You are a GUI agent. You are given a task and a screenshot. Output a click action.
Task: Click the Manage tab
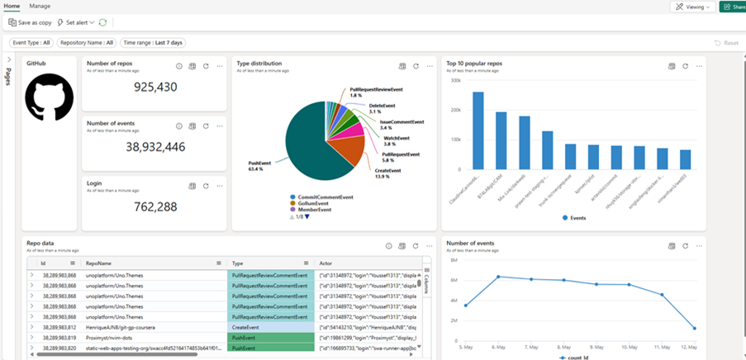pos(40,6)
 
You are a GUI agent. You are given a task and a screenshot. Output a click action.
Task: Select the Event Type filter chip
pos(31,42)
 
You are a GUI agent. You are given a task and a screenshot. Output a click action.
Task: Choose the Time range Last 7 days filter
pos(153,42)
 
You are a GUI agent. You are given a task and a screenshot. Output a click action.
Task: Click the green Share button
pos(732,7)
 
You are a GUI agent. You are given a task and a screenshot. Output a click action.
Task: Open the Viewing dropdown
pos(692,7)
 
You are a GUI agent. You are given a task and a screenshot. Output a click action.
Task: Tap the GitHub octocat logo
pos(49,97)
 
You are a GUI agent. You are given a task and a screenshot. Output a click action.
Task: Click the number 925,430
pos(155,88)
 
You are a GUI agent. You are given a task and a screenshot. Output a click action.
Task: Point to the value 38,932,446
pos(155,147)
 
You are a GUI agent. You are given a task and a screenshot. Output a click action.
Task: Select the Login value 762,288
pos(155,206)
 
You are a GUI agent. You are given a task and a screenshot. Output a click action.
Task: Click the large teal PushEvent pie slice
pos(310,149)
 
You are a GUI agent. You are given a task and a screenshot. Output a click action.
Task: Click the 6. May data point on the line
pos(498,277)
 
